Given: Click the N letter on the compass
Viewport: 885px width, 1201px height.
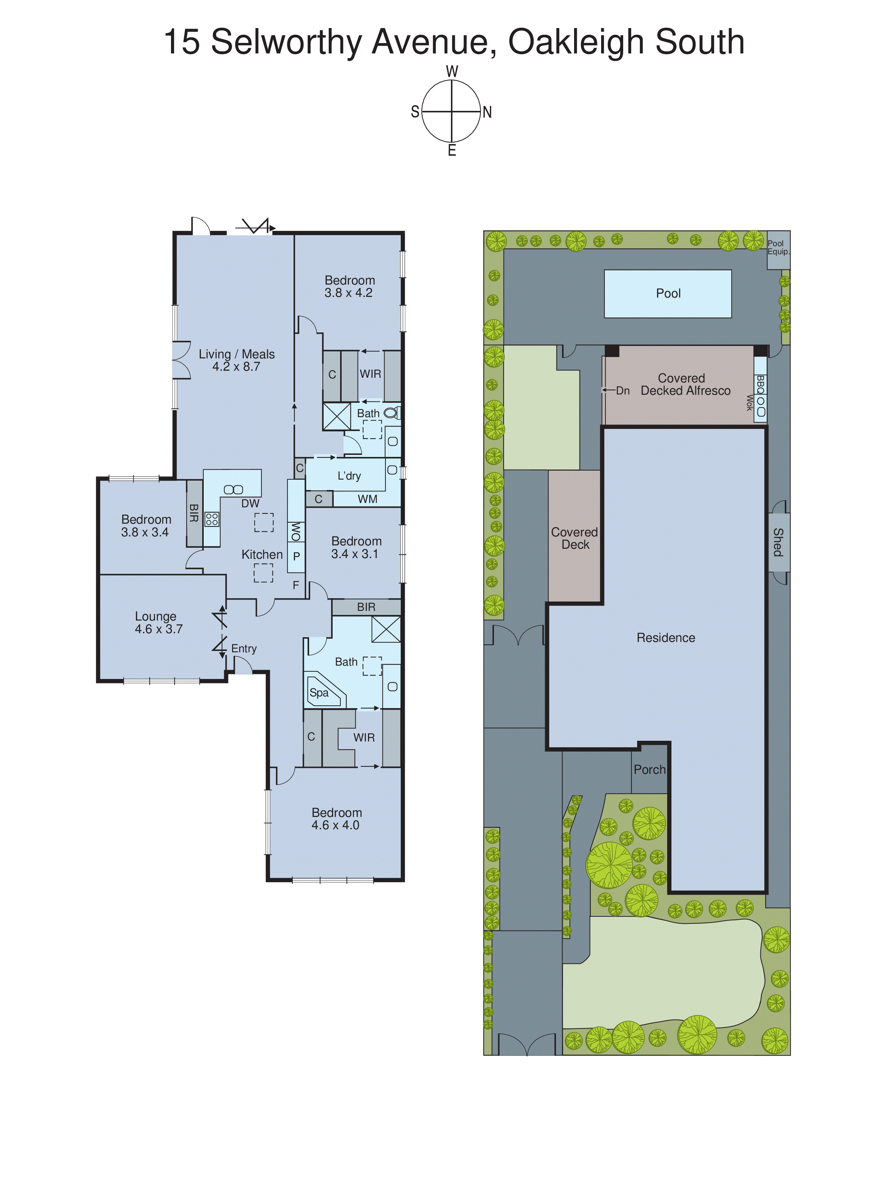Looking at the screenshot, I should click(x=487, y=113).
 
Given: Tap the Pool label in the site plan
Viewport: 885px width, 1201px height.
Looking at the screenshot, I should click(x=668, y=294).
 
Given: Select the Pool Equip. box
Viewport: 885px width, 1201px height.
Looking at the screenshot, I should click(x=778, y=247).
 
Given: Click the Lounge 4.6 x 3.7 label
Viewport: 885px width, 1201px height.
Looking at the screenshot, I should click(x=158, y=623).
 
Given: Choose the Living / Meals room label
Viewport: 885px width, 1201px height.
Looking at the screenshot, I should click(x=236, y=360).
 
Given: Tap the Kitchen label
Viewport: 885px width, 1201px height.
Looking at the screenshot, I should click(x=261, y=554).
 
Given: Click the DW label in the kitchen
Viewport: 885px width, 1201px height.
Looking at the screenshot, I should click(x=250, y=504).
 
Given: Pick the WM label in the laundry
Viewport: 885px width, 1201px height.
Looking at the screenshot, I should click(x=367, y=499).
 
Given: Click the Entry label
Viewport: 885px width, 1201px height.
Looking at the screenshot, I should click(x=244, y=649).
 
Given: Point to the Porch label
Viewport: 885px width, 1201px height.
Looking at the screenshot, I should click(x=649, y=770).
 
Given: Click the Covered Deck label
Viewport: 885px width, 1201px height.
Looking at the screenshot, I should click(x=574, y=538).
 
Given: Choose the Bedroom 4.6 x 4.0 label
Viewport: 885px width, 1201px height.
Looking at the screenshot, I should click(x=336, y=819).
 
